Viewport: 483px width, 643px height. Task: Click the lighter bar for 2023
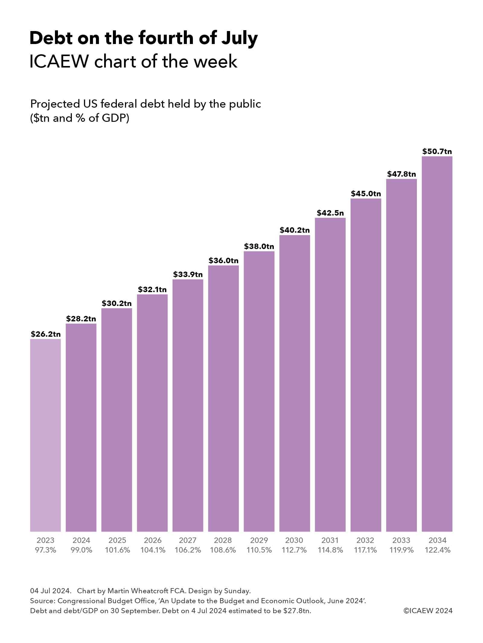pyautogui.click(x=45, y=434)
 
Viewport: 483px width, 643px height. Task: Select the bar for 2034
pyautogui.click(x=437, y=344)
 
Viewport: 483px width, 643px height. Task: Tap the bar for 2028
pyautogui.click(x=223, y=398)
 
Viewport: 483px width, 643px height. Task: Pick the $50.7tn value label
pyautogui.click(x=437, y=151)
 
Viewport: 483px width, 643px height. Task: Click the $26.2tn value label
pyautogui.click(x=46, y=334)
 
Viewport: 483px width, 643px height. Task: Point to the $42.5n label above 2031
pyautogui.click(x=330, y=213)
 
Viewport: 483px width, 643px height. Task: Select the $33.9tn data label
pyautogui.click(x=188, y=274)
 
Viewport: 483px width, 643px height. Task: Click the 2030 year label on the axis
pyautogui.click(x=294, y=540)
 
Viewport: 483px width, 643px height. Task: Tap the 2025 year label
pyautogui.click(x=117, y=540)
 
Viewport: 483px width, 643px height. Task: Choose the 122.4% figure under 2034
pyautogui.click(x=437, y=550)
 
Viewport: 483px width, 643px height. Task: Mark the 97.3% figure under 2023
pyautogui.click(x=46, y=550)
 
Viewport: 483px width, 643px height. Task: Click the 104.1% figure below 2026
pyautogui.click(x=153, y=550)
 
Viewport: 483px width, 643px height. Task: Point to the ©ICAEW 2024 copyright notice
pyautogui.click(x=428, y=611)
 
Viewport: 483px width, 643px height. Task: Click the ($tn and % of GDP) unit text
pyautogui.click(x=80, y=118)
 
